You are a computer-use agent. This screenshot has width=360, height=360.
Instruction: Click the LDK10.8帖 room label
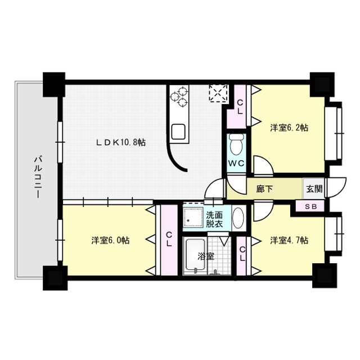[121, 142]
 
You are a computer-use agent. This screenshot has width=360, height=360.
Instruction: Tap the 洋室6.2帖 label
[289, 128]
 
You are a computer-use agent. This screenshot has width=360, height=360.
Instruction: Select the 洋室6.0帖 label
[110, 240]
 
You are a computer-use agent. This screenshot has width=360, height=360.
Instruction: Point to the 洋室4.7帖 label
[289, 240]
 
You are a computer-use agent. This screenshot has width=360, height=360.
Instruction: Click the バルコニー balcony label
[38, 177]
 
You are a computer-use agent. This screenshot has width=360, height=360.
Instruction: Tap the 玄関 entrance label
[314, 189]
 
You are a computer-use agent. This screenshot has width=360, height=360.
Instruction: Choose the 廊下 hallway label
[264, 189]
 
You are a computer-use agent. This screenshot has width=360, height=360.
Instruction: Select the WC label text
[236, 164]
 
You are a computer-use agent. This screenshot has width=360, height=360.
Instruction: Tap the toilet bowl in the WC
[236, 145]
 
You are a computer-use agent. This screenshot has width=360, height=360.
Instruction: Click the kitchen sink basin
[178, 132]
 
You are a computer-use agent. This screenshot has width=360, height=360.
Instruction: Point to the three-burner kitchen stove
[179, 97]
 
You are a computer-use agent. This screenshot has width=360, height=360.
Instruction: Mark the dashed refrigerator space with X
[219, 93]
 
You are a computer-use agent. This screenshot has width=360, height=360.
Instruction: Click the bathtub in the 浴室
[195, 255]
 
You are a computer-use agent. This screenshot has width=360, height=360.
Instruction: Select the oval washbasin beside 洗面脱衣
[238, 218]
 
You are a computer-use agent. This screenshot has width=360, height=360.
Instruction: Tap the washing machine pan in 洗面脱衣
[193, 217]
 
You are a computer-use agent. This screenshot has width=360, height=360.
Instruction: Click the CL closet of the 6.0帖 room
[169, 240]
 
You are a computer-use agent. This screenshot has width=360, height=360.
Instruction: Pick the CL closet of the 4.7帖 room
[241, 256]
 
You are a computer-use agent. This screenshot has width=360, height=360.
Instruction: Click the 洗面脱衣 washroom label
[214, 219]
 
